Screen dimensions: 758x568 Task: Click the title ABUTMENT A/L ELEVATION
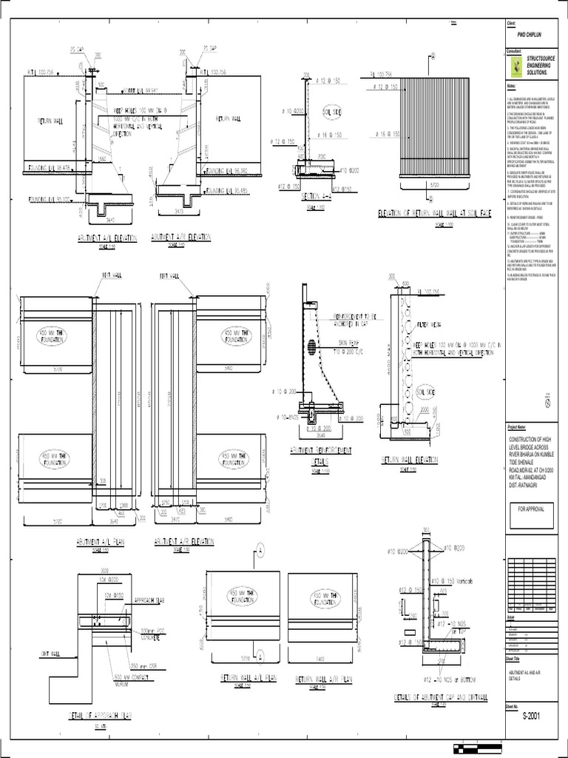click(x=107, y=238)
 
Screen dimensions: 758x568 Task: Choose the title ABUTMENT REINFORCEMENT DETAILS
click(x=321, y=454)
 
